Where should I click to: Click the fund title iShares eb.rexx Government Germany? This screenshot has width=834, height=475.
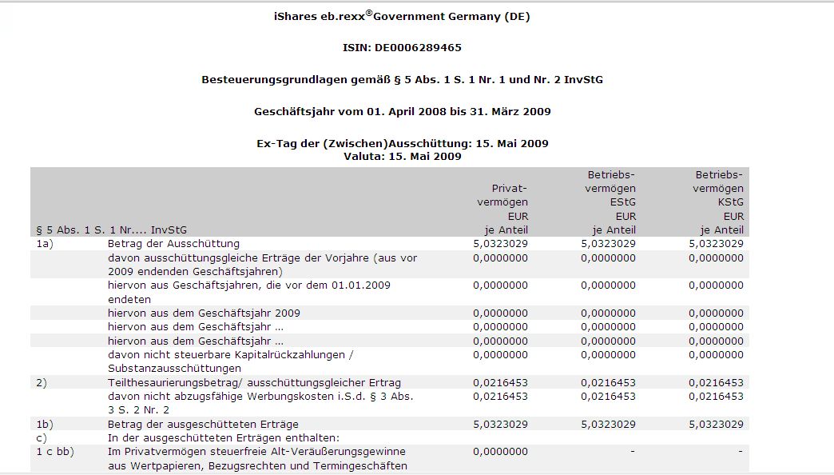pos(402,16)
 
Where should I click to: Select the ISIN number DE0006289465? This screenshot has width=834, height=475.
pos(425,48)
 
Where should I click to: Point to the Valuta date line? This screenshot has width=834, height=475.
pos(402,156)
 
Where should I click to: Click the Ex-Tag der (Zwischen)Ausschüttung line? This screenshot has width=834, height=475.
pos(402,144)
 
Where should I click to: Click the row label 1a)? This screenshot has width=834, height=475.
pos(45,244)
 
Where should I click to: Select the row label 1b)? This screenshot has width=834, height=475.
pos(45,424)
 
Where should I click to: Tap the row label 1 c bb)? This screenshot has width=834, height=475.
pos(55,452)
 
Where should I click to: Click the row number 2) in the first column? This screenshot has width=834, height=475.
pos(42,383)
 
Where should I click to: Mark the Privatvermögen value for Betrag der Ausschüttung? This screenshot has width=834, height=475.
pos(500,244)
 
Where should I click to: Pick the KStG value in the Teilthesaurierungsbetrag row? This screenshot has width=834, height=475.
pos(716,383)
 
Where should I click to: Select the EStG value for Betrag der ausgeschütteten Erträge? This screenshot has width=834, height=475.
pos(608,424)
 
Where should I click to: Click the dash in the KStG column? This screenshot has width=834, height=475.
pos(741,452)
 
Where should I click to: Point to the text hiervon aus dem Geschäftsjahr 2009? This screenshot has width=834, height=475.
pos(204,313)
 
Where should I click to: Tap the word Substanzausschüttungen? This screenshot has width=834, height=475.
pos(174,369)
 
